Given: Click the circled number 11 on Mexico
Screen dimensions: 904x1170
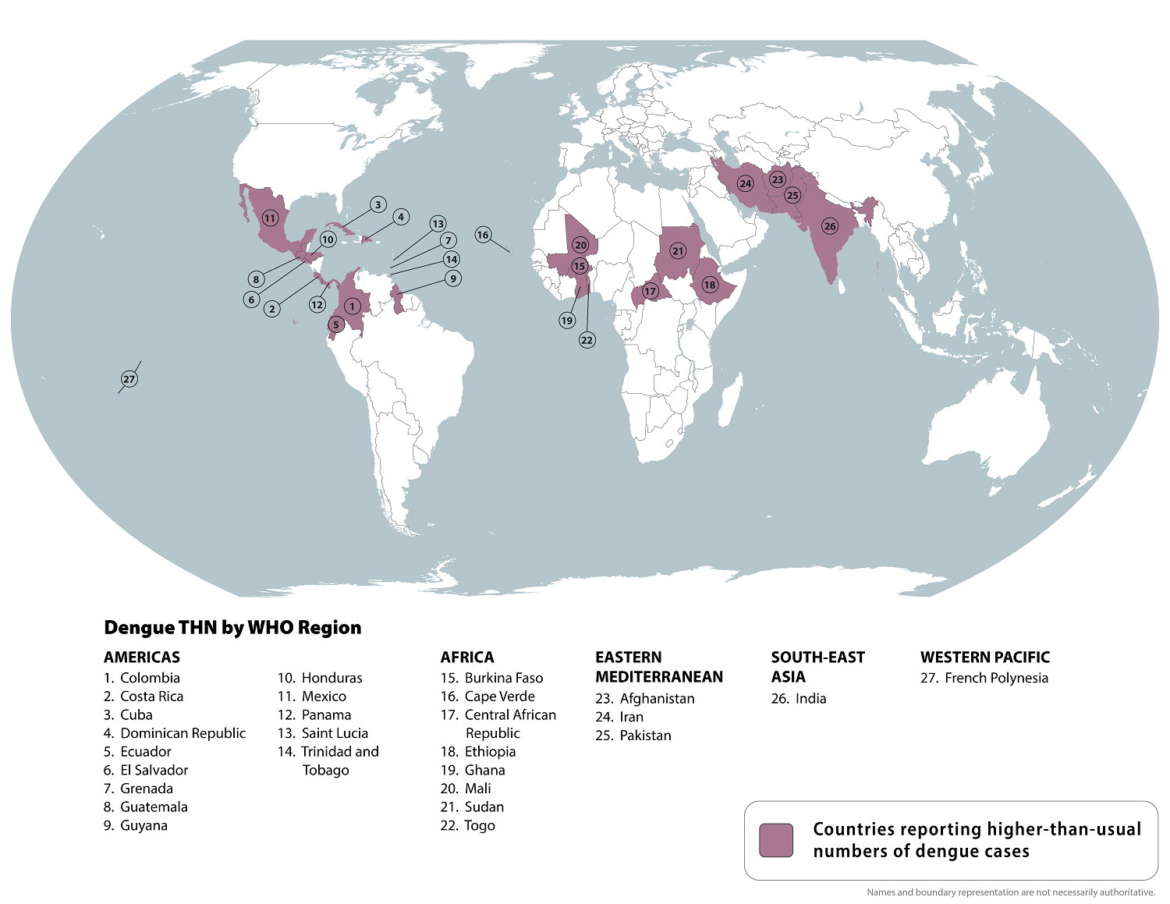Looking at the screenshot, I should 270,218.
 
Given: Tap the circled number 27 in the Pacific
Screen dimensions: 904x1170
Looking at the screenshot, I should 129,379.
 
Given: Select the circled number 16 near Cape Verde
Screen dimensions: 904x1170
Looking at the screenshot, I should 483,235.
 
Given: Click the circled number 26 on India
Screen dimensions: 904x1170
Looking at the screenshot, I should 830,226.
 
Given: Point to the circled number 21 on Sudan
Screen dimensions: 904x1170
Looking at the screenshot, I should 678,251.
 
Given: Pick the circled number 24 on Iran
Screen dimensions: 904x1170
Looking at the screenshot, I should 746,184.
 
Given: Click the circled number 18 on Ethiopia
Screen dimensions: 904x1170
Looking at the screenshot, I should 709,285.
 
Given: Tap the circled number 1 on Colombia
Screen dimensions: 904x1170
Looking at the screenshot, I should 352,307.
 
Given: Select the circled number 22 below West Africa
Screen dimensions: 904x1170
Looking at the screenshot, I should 587,340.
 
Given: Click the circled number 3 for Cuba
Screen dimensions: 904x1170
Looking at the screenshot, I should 378,205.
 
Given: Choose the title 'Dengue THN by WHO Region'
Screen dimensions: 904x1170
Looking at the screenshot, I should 232,628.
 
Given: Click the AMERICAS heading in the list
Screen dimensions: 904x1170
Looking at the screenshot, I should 142,657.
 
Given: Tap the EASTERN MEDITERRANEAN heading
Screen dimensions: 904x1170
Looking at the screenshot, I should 659,667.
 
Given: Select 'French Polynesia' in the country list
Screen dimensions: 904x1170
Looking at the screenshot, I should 995,678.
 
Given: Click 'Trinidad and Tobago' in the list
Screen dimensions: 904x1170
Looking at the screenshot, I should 339,760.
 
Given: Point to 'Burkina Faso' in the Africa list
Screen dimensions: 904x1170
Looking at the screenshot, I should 503,678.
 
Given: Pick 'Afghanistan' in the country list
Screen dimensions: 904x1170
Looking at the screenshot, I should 656,698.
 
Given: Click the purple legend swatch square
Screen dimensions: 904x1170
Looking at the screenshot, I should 776,840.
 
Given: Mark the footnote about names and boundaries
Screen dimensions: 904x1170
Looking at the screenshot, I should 1010,892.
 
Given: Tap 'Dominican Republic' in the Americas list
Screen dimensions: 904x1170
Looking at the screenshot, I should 183,733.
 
